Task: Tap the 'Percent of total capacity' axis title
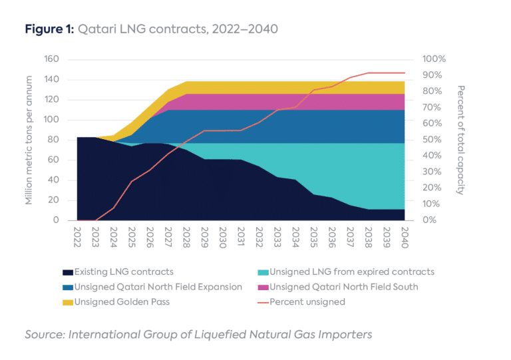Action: (460, 140)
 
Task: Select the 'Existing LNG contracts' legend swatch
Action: (68, 272)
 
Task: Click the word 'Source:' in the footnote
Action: (44, 334)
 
